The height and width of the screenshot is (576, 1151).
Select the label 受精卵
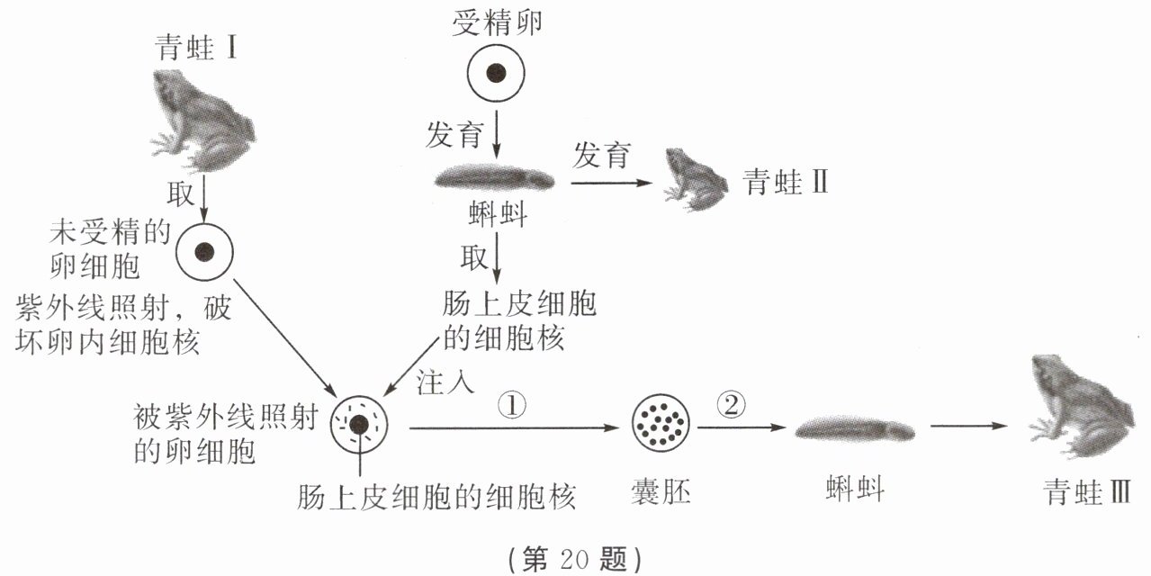(497, 23)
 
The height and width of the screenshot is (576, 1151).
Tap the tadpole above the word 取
(496, 178)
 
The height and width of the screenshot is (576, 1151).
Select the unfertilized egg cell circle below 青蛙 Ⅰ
(205, 252)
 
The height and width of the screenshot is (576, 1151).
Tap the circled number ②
(732, 407)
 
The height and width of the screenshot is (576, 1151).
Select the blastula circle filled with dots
(661, 422)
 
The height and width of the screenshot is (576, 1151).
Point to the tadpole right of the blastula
(855, 430)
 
